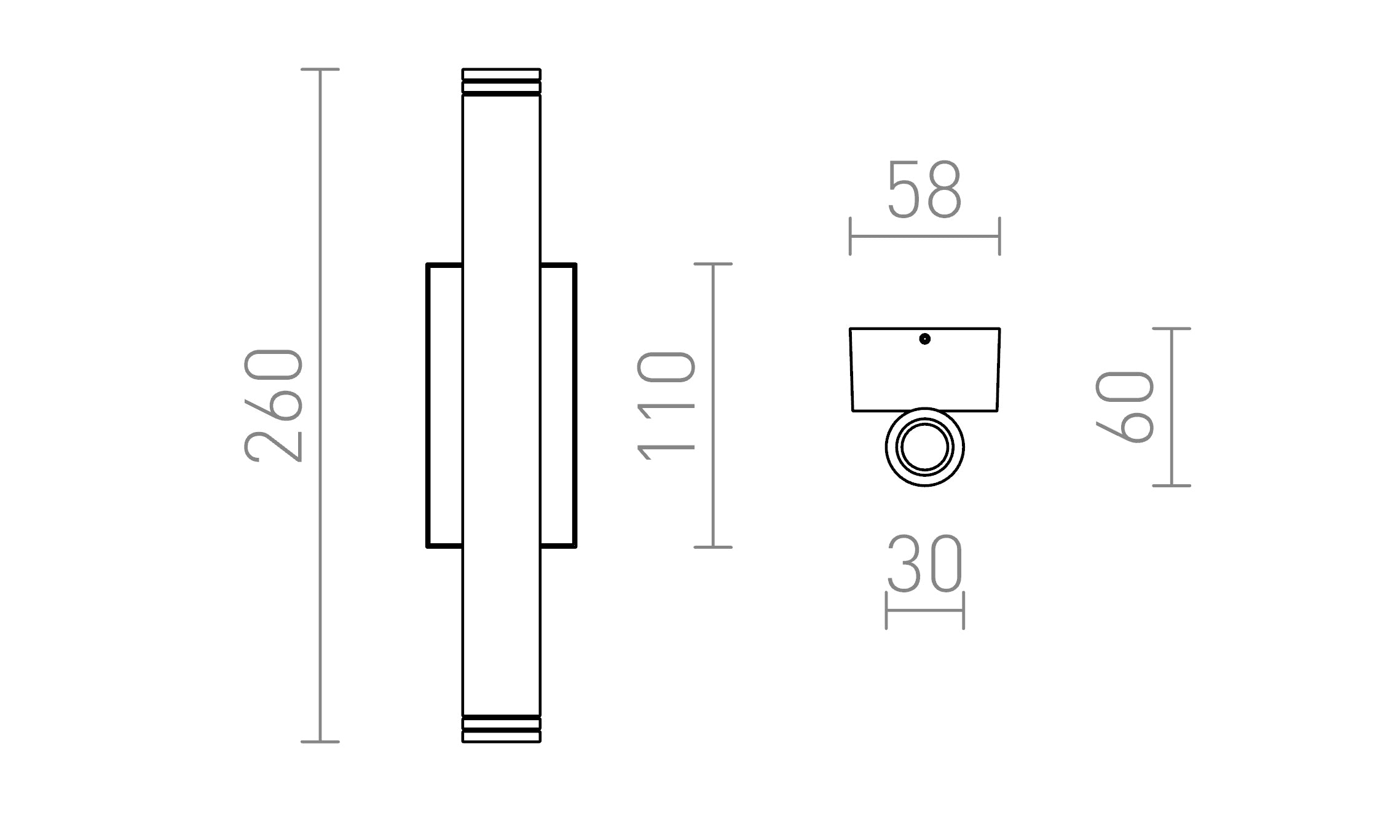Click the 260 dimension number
click(274, 406)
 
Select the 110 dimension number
click(666, 406)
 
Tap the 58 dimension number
click(924, 190)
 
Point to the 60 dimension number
click(1124, 407)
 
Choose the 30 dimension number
click(924, 564)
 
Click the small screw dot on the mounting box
click(924, 339)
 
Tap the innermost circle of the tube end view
click(924, 447)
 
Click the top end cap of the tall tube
click(501, 81)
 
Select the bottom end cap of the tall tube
click(501, 729)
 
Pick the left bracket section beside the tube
click(444, 406)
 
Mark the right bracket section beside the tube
click(558, 406)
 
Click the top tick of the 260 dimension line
click(320, 69)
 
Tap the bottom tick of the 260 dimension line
click(320, 742)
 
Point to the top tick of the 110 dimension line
click(713, 264)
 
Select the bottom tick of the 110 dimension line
click(713, 547)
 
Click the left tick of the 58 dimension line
click(850, 236)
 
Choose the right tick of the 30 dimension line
click(963, 610)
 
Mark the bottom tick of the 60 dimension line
click(1172, 485)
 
